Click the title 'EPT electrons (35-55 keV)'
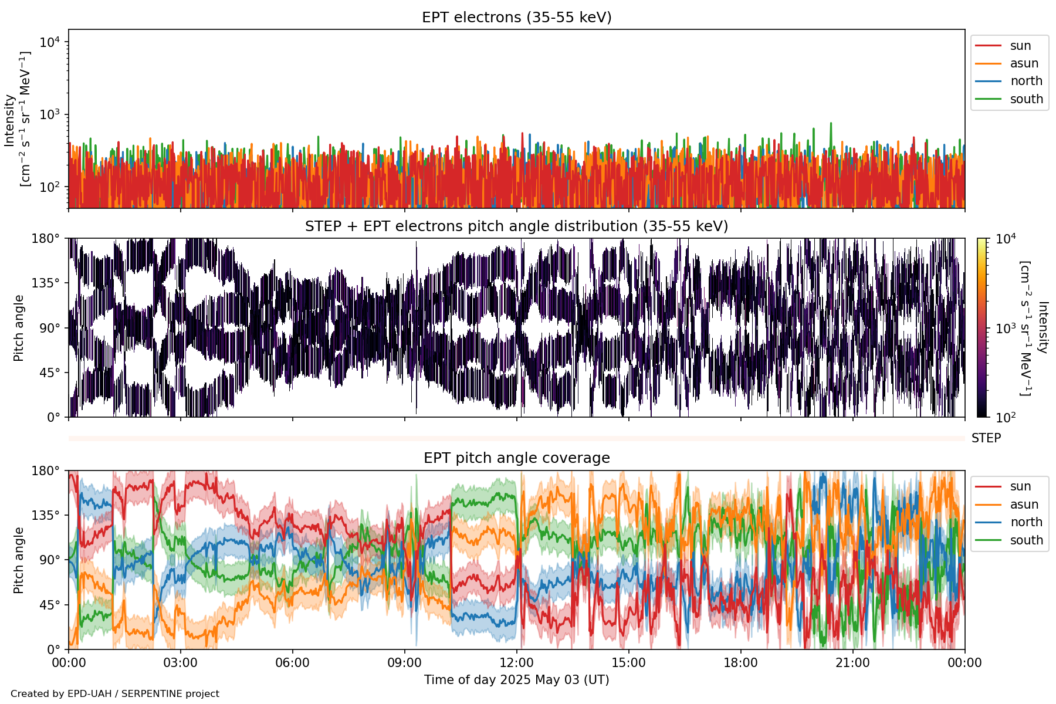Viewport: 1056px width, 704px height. pyautogui.click(x=516, y=18)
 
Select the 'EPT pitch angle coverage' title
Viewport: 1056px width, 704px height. pyautogui.click(x=516, y=458)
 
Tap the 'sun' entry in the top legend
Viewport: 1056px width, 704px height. pyautogui.click(x=1020, y=46)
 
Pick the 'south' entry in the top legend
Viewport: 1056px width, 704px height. pyautogui.click(x=1026, y=99)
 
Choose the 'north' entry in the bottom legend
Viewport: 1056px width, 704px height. pyautogui.click(x=1026, y=522)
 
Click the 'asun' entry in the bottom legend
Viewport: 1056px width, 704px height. pyautogui.click(x=1024, y=505)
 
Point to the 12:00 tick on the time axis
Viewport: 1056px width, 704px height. pyautogui.click(x=516, y=663)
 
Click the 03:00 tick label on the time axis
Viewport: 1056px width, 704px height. pyautogui.click(x=181, y=663)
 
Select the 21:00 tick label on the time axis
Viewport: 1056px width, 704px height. pyautogui.click(x=852, y=663)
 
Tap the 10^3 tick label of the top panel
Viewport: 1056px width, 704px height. pyautogui.click(x=50, y=114)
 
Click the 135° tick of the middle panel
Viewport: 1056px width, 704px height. pyautogui.click(x=46, y=283)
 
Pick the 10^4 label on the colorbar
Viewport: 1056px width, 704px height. pyautogui.click(x=1006, y=239)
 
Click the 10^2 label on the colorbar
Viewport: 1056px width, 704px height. pyautogui.click(x=1006, y=418)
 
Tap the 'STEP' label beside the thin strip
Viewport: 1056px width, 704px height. pyautogui.click(x=986, y=438)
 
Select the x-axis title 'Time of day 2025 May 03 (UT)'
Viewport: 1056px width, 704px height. pyautogui.click(x=516, y=680)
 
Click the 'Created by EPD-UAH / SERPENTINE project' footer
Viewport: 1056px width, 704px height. pyautogui.click(x=115, y=694)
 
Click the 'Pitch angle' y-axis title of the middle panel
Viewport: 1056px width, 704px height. pyautogui.click(x=19, y=327)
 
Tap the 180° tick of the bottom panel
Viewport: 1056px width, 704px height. pyautogui.click(x=46, y=471)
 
